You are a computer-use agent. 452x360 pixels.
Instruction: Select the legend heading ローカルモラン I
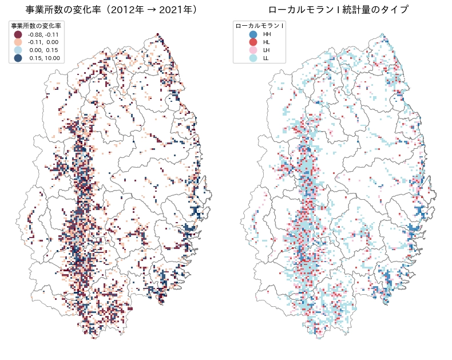pyautogui.click(x=260, y=26)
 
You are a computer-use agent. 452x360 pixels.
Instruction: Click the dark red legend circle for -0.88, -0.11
pyautogui.click(x=18, y=34)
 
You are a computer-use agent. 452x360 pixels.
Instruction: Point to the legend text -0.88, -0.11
pyautogui.click(x=43, y=34)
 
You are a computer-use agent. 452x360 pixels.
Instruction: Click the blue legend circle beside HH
pyautogui.click(x=253, y=34)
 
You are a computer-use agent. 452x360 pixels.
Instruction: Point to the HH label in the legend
pyautogui.click(x=267, y=34)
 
